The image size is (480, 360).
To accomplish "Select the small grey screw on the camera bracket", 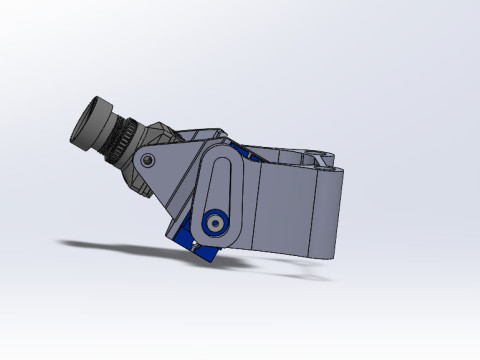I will point(149,160).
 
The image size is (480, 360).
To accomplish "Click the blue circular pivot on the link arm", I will point(213,222).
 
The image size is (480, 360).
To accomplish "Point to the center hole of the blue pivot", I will point(213,222).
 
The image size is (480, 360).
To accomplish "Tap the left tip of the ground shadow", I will point(62,242).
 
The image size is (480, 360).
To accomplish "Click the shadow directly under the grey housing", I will point(290,268).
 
